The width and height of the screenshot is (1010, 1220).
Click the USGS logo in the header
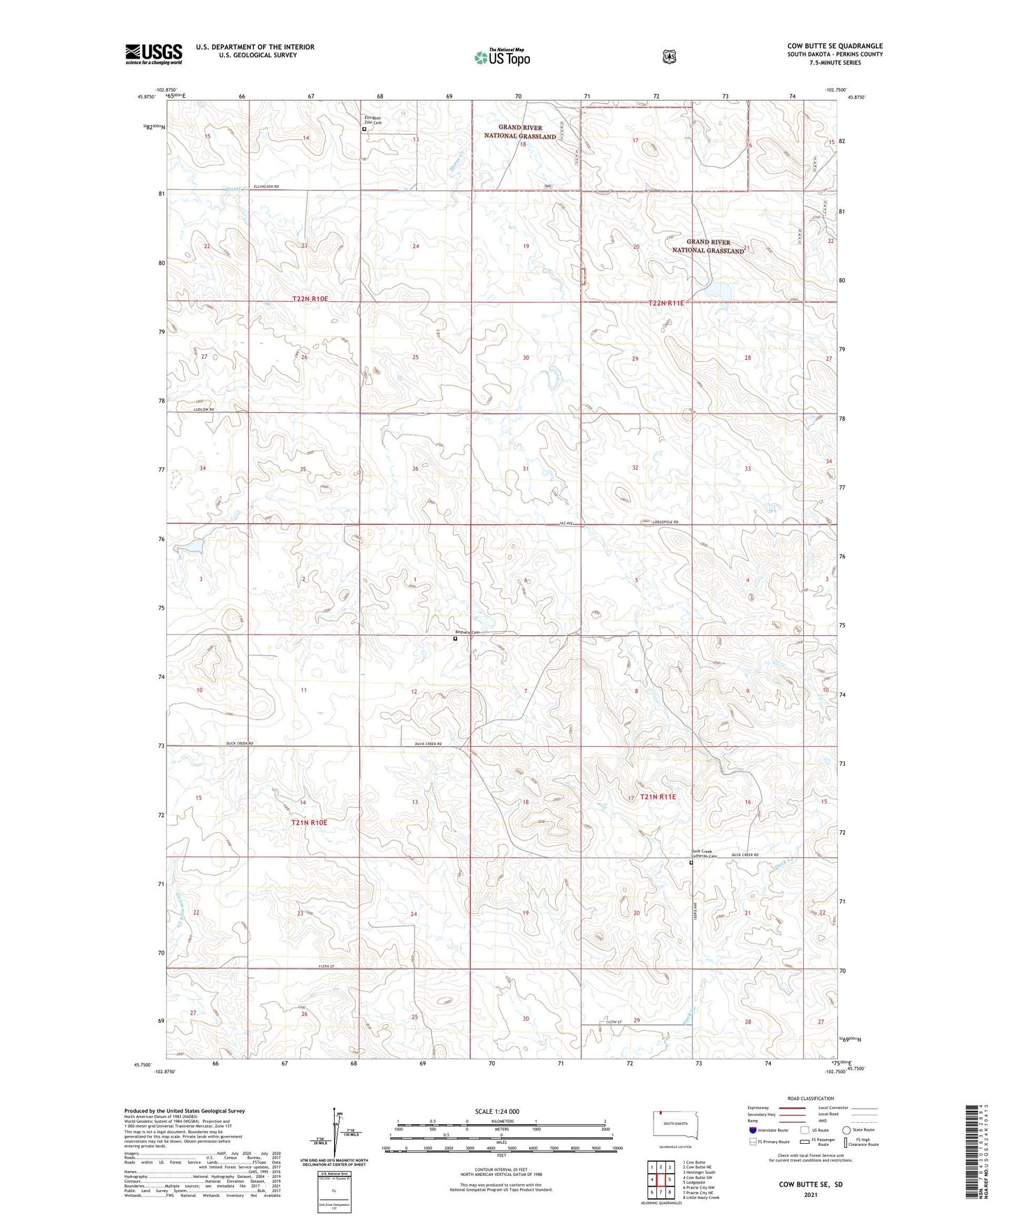(x=154, y=54)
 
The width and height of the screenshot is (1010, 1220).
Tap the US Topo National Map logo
(x=502, y=57)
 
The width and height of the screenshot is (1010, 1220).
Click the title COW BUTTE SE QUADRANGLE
(x=835, y=46)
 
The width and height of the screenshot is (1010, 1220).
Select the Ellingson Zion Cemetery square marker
(x=364, y=129)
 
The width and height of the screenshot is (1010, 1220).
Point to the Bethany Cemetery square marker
(x=455, y=638)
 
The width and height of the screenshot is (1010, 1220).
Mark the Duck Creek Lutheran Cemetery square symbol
(x=691, y=863)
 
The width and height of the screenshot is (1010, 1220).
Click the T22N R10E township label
(x=310, y=299)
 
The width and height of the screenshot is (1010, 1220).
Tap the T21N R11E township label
(x=658, y=797)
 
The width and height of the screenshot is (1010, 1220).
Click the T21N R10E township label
(x=309, y=822)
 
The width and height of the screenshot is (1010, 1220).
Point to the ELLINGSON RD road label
(x=266, y=187)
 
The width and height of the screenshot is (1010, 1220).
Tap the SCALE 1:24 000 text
(x=497, y=1111)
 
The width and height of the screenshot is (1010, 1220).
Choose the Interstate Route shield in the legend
(x=752, y=1129)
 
